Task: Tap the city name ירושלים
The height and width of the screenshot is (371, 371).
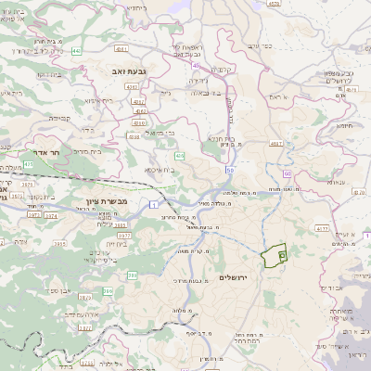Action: click(x=236, y=278)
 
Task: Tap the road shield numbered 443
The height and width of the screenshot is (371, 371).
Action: click(x=99, y=51)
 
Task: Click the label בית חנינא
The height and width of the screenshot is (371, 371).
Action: click(x=228, y=137)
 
